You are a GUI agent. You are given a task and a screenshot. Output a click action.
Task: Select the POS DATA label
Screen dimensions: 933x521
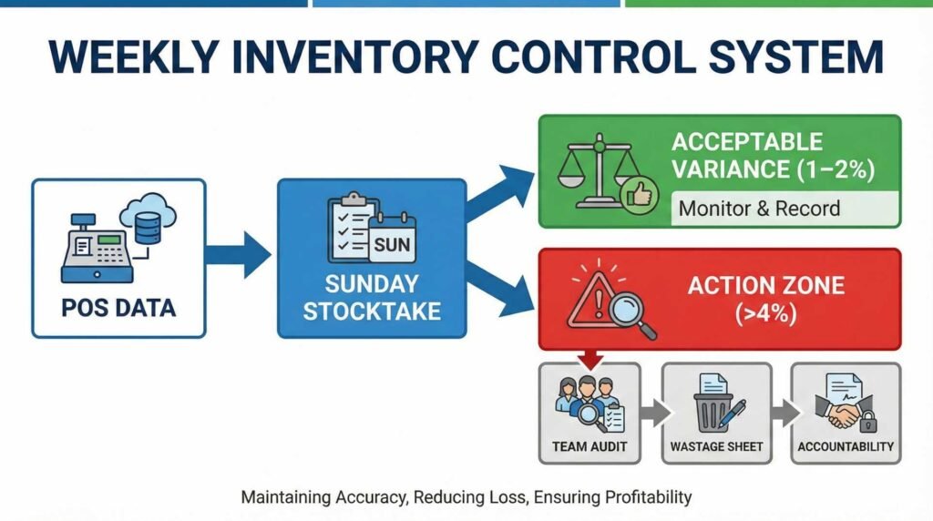pyautogui.click(x=118, y=308)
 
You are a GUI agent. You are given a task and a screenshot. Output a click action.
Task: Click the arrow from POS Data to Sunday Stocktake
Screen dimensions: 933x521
pyautogui.click(x=238, y=254)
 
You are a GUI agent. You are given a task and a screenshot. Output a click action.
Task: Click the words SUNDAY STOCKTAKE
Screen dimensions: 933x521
pyautogui.click(x=372, y=297)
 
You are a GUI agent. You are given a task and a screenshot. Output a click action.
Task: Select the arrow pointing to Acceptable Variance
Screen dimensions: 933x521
pyautogui.click(x=500, y=191)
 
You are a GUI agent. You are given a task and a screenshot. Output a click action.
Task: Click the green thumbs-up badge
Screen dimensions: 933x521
pyautogui.click(x=640, y=195)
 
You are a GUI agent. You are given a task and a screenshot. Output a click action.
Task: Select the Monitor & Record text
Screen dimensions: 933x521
pyautogui.click(x=759, y=209)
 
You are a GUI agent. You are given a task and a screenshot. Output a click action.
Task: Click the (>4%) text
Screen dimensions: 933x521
pyautogui.click(x=765, y=312)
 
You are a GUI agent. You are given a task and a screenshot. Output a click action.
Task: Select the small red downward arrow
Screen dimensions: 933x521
pyautogui.click(x=590, y=359)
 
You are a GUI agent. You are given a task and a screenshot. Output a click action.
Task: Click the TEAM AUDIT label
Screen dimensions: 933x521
pyautogui.click(x=590, y=446)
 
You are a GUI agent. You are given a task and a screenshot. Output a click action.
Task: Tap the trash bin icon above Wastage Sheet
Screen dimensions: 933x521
pyautogui.click(x=713, y=409)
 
